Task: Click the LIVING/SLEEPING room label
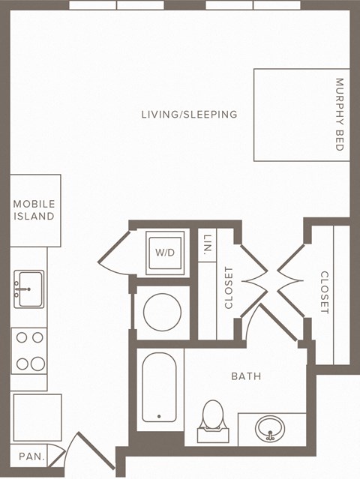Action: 189,115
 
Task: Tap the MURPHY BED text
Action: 339,115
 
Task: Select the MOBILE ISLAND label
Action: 34,210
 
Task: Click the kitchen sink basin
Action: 29,284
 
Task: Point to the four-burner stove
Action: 28,350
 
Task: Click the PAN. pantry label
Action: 31,456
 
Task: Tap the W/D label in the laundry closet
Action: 164,253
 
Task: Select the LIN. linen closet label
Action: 207,243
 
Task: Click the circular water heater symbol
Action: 159,310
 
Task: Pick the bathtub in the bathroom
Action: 159,387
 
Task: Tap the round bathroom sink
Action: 270,430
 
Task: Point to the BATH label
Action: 246,376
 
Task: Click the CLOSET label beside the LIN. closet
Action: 229,288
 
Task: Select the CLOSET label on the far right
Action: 325,292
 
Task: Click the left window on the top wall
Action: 116,4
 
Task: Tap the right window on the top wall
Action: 253,4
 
